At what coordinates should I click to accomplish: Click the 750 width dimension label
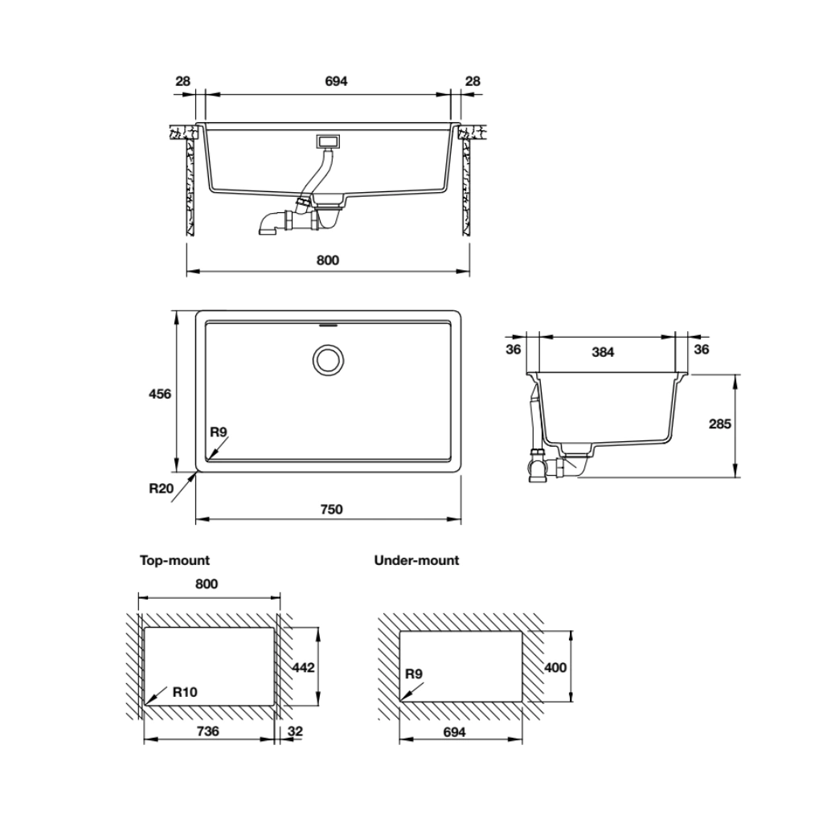coord(331,509)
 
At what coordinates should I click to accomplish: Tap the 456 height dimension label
coord(160,394)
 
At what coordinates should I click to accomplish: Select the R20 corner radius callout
coord(161,489)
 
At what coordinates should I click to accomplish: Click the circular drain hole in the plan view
coord(329,360)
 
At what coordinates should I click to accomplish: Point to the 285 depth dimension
coord(719,424)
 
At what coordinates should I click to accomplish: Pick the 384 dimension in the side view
coord(603,352)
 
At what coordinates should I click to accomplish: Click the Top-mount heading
coord(174,560)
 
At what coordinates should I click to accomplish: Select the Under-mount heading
coord(416,560)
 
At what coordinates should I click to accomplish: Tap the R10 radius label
coord(185,692)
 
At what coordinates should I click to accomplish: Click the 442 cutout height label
coord(303,668)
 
